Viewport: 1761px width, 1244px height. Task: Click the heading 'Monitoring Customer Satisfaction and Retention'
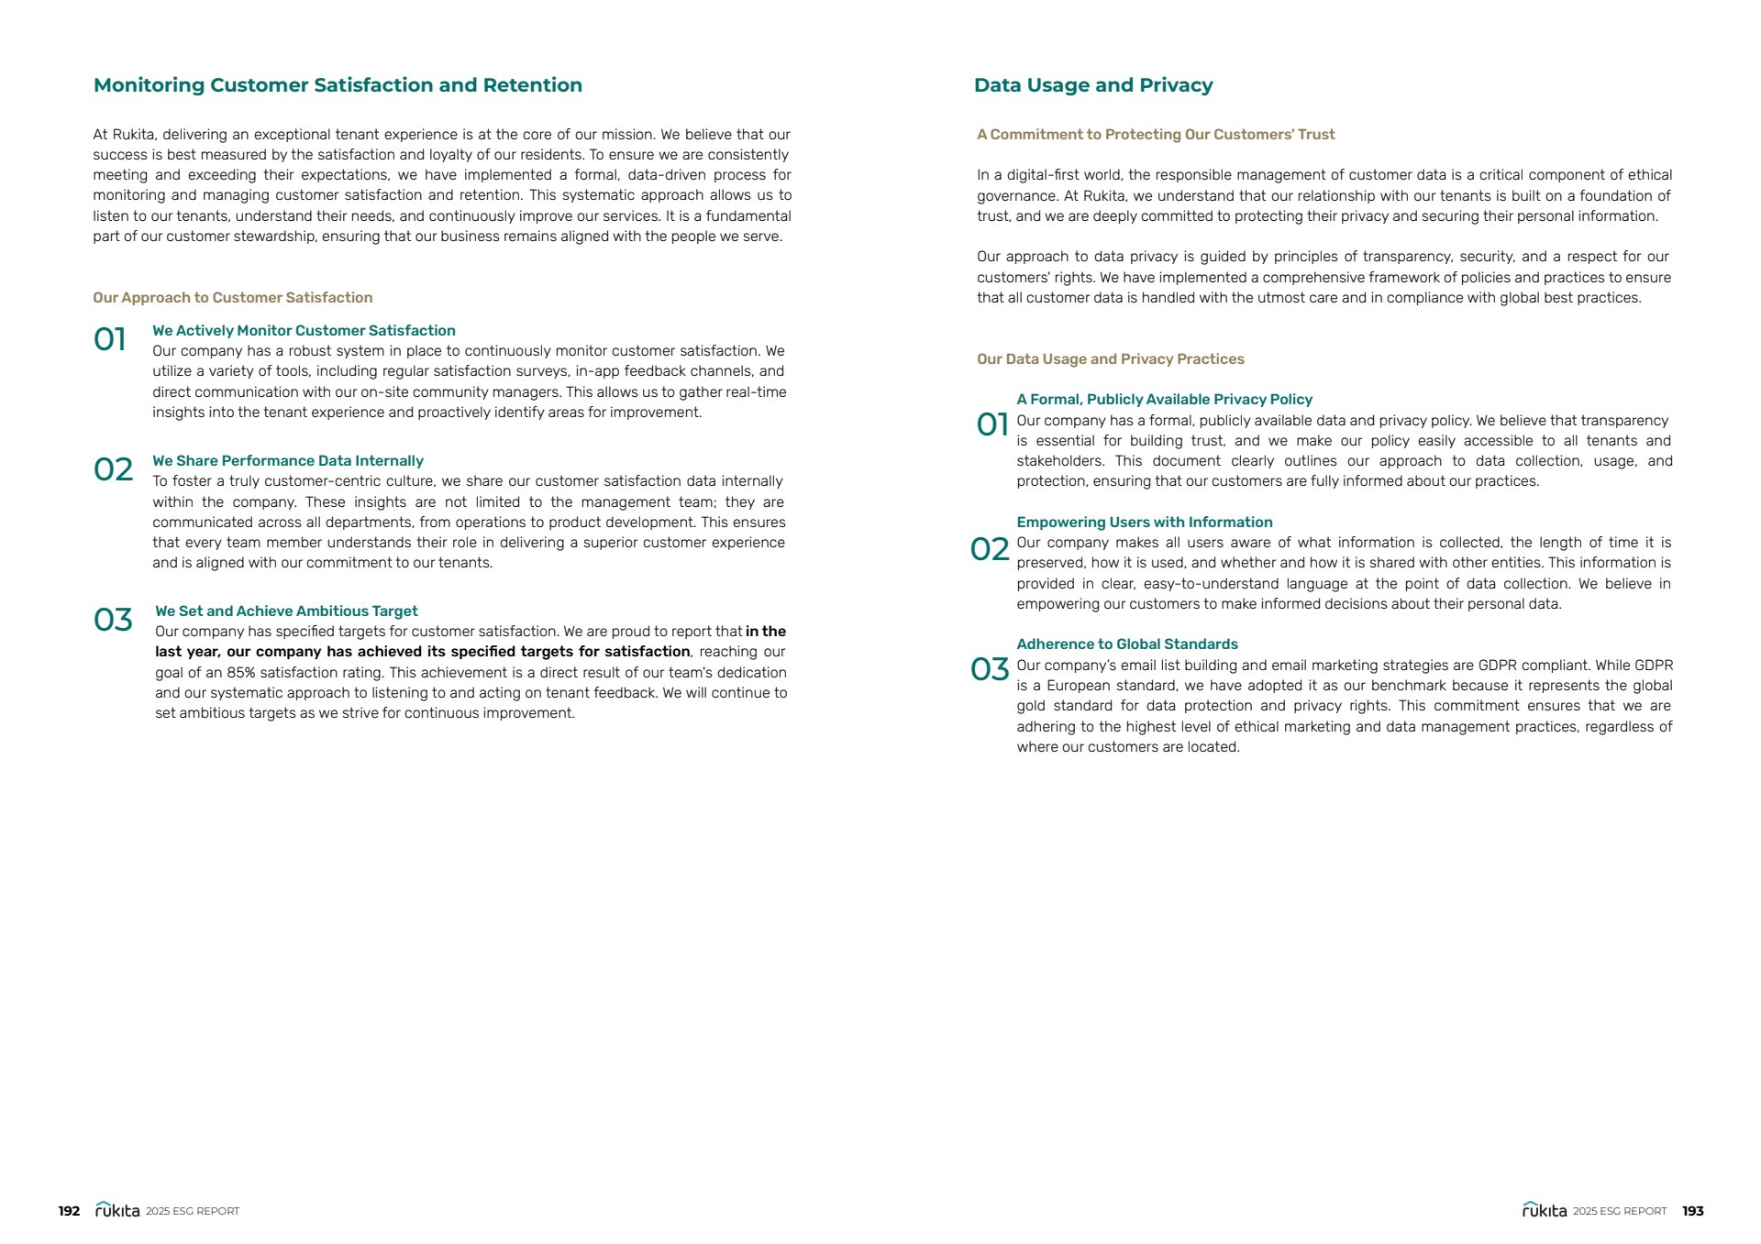338,85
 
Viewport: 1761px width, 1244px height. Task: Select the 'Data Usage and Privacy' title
1092,85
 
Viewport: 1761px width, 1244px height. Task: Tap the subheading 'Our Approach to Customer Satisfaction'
232,298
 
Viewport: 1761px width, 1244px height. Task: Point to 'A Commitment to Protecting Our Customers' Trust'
1155,135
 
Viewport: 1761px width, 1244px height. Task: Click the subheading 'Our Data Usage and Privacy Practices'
1110,359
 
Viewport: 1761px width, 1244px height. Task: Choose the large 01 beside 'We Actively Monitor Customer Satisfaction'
110,340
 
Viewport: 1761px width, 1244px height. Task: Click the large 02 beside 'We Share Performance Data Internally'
113,470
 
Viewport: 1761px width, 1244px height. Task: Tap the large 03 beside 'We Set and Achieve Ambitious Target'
113,621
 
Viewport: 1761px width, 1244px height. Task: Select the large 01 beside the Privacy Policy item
991,424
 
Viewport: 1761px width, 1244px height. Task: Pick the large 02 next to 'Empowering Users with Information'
989,549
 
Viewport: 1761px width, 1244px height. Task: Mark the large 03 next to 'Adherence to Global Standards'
989,669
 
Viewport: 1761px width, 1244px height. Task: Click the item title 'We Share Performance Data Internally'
287,461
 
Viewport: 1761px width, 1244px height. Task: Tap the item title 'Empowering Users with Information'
1144,523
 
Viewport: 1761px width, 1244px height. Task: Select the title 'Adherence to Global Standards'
1126,644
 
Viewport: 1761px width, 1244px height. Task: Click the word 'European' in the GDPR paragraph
1076,686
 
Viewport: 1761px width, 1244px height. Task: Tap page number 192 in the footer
69,1211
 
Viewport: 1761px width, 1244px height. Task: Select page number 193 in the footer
1692,1211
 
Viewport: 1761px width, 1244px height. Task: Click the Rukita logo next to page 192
117,1210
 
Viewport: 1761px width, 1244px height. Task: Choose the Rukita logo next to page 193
1545,1210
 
